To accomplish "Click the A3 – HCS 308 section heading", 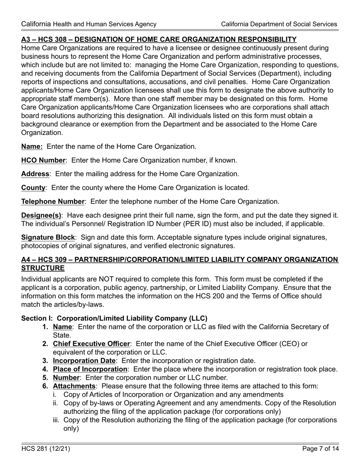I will pos(159,39).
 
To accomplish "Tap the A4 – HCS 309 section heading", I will pos(180,260).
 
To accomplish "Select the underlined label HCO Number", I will pos(43,160).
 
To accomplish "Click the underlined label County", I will pos(33,188).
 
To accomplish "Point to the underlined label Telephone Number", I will pos(53,202).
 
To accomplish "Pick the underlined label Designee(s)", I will pos(41,216).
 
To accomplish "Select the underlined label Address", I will pos(35,174).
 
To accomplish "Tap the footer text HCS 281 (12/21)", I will pos(45,449).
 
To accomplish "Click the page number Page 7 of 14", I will pos(321,449).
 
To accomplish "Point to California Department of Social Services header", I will pos(279,24).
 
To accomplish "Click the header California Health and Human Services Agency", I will pos(89,24).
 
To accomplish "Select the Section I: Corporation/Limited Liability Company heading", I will pos(114,318).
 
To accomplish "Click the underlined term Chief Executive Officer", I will pos(91,344).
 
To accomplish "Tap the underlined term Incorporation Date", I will pos(84,361).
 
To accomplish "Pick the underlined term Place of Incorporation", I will pos(90,369).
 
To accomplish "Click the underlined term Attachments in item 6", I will pos(74,386).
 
